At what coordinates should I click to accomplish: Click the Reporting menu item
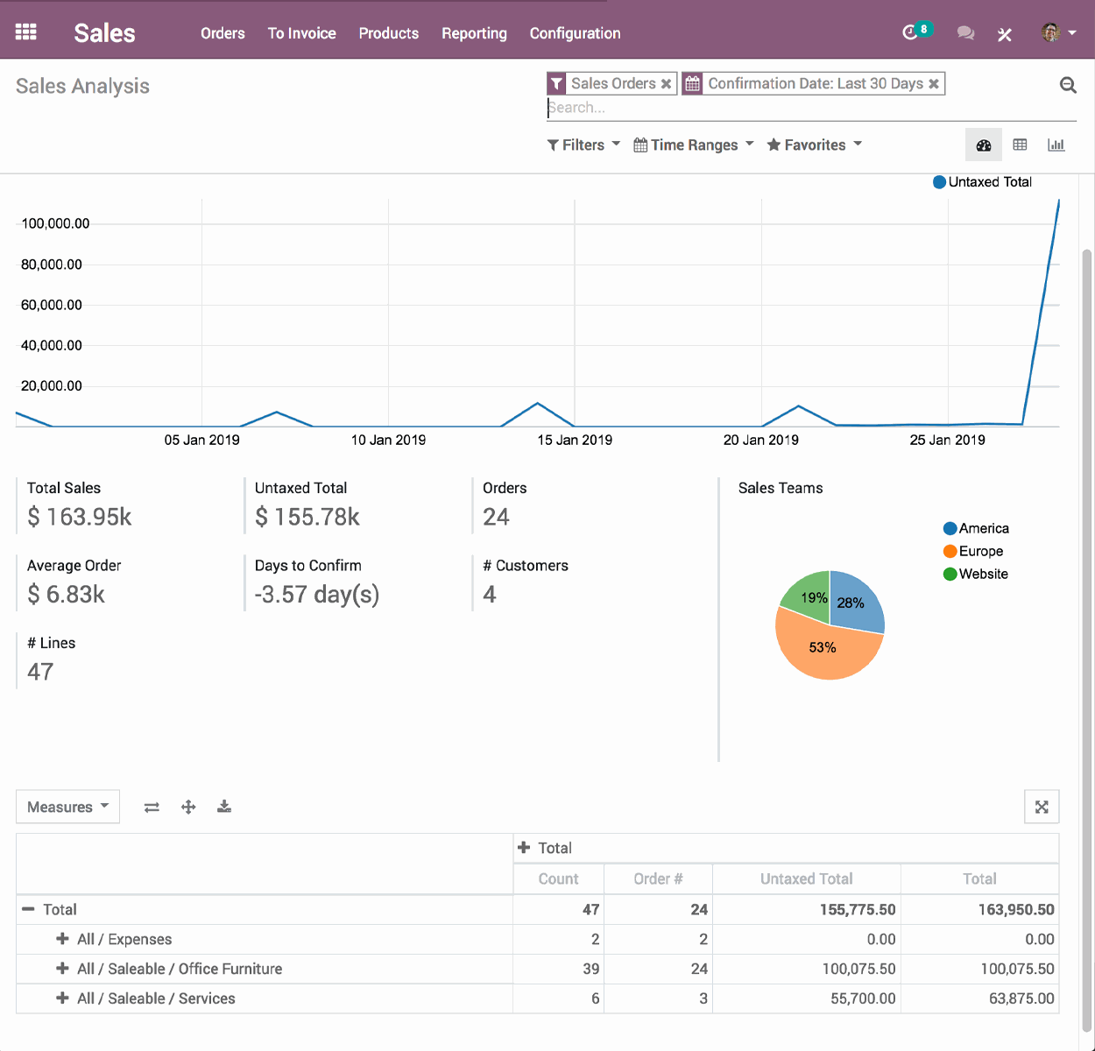(x=474, y=33)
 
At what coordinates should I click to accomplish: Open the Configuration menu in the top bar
(x=575, y=33)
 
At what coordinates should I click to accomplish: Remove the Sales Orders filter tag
(x=667, y=84)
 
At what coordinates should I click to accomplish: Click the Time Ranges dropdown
(x=693, y=145)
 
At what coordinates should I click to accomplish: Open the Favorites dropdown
(x=814, y=145)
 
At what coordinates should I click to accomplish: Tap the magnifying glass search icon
(x=1068, y=85)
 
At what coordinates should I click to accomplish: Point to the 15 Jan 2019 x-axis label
(x=575, y=440)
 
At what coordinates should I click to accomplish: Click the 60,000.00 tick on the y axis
(x=52, y=305)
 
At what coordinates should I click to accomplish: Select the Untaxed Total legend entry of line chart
(x=982, y=182)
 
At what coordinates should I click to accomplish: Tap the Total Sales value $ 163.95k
(x=80, y=517)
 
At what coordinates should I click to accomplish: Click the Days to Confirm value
(x=317, y=595)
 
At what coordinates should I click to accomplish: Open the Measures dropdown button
(x=67, y=807)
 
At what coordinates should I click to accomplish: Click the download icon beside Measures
(x=224, y=807)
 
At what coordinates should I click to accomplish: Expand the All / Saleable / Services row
(x=63, y=998)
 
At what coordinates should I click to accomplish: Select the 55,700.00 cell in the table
(x=862, y=998)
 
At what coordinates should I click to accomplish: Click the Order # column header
(x=658, y=878)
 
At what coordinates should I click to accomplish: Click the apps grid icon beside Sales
(x=26, y=32)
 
